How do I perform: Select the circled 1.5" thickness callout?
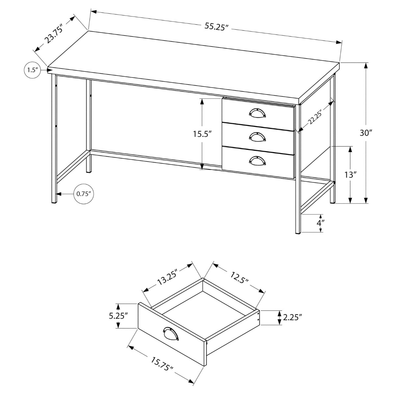coord(32,70)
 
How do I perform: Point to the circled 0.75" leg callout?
coord(84,194)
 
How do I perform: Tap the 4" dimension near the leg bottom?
coord(320,223)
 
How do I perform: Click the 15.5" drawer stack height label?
coord(202,134)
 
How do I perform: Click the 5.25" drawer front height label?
coord(118,316)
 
